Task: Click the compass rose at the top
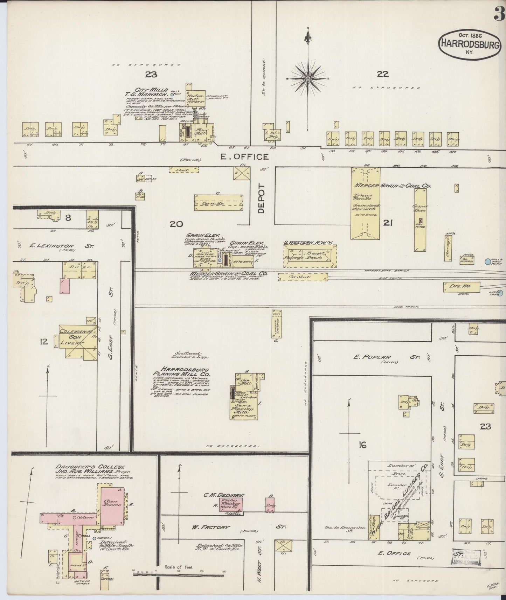pyautogui.click(x=307, y=79)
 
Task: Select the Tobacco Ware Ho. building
pyautogui.click(x=366, y=203)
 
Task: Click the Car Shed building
pyautogui.click(x=303, y=277)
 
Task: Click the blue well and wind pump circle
pyautogui.click(x=487, y=261)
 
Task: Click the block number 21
pyautogui.click(x=387, y=223)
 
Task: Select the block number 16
pyautogui.click(x=362, y=445)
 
